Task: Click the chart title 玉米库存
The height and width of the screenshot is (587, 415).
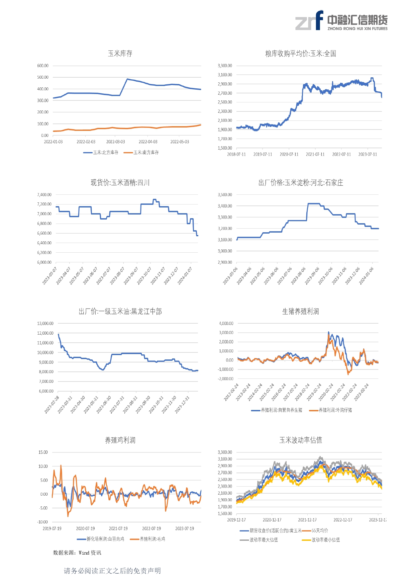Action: pos(120,54)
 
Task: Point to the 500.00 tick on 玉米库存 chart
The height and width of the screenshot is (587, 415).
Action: pos(43,77)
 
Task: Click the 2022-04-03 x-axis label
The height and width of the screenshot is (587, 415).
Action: pos(148,142)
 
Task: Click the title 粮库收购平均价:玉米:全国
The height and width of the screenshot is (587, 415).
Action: pos(300,54)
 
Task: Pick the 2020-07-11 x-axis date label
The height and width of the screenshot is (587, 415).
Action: pos(289,154)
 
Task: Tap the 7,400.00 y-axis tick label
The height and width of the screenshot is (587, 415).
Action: pos(44,195)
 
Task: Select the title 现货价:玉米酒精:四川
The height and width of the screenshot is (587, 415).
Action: pos(120,183)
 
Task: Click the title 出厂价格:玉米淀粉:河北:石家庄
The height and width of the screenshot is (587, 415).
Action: pos(301,183)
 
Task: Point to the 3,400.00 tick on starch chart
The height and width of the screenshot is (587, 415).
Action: pos(225,206)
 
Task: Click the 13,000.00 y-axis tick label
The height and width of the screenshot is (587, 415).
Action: pos(45,324)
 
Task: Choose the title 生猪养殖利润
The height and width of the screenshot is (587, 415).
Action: pos(300,312)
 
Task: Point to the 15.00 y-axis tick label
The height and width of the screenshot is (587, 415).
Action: pos(43,452)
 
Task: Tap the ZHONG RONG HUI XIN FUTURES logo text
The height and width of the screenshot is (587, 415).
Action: pos(357,29)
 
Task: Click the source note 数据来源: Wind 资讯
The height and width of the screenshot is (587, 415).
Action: pos(77,553)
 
